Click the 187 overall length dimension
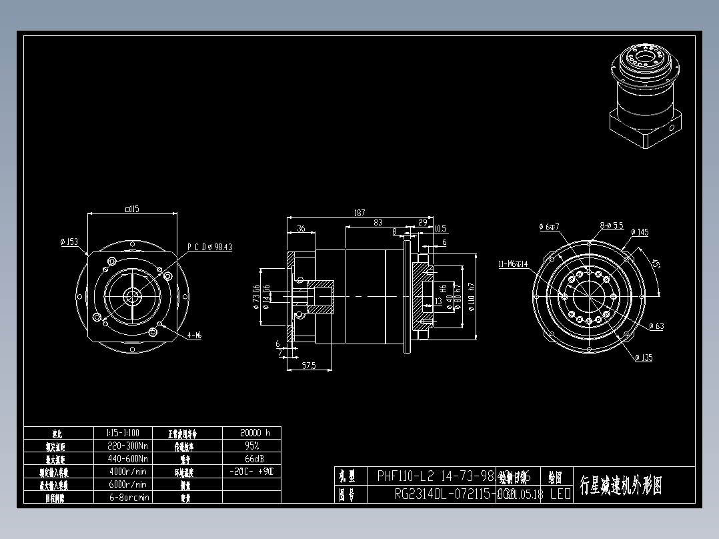[x=359, y=213]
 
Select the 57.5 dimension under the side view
[x=308, y=366]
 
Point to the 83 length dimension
[x=378, y=223]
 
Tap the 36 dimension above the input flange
[x=301, y=229]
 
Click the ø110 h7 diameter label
[x=472, y=296]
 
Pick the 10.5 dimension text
[x=440, y=229]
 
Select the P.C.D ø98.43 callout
[x=209, y=247]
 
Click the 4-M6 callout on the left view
[x=194, y=336]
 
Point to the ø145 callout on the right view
[x=639, y=233]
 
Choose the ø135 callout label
[x=644, y=358]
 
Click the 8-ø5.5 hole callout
[x=611, y=226]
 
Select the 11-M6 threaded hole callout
[x=513, y=264]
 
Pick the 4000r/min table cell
[x=127, y=471]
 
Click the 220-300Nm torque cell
[x=127, y=445]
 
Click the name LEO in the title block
[x=560, y=494]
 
